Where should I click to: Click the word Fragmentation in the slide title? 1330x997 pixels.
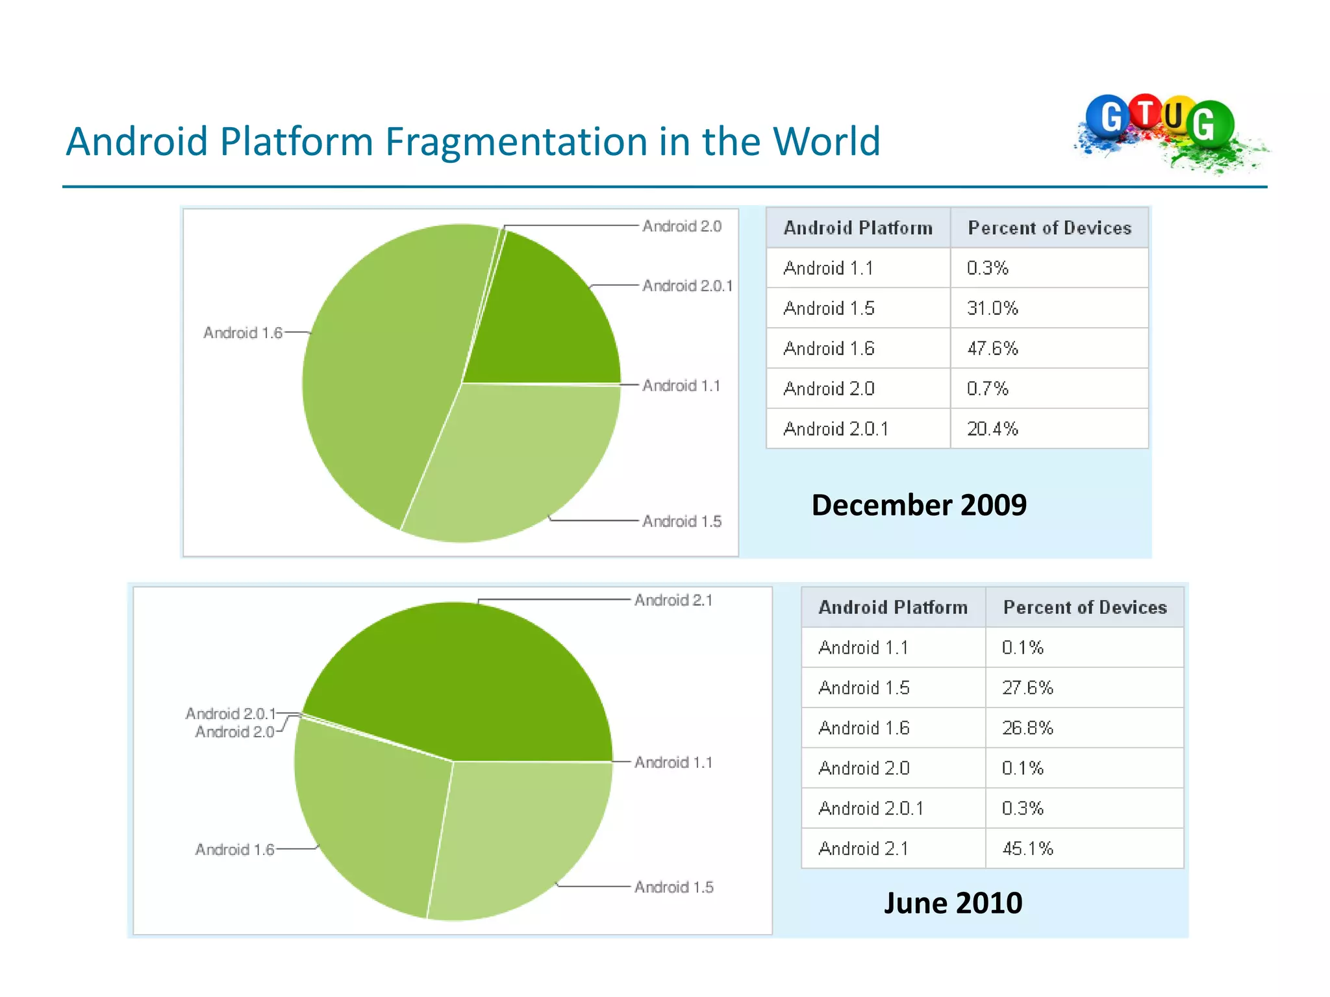516,142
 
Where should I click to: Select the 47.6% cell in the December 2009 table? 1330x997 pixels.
992,349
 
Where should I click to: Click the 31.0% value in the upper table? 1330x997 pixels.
992,308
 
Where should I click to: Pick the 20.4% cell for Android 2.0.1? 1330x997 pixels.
992,429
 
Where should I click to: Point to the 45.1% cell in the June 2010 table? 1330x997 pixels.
1027,848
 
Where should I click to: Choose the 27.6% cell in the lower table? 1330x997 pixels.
1027,687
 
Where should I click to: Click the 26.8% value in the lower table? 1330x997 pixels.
1027,728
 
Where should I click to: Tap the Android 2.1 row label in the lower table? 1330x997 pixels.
864,848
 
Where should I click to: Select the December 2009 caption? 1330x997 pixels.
919,505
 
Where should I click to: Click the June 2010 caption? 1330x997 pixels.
953,903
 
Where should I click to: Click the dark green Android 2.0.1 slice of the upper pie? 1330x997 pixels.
546,318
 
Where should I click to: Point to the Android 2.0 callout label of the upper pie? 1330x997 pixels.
682,227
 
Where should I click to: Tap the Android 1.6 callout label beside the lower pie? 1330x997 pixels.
234,850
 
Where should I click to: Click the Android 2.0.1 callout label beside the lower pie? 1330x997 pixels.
231,714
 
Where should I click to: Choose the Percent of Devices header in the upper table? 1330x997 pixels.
1049,228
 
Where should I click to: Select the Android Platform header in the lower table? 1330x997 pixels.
893,608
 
